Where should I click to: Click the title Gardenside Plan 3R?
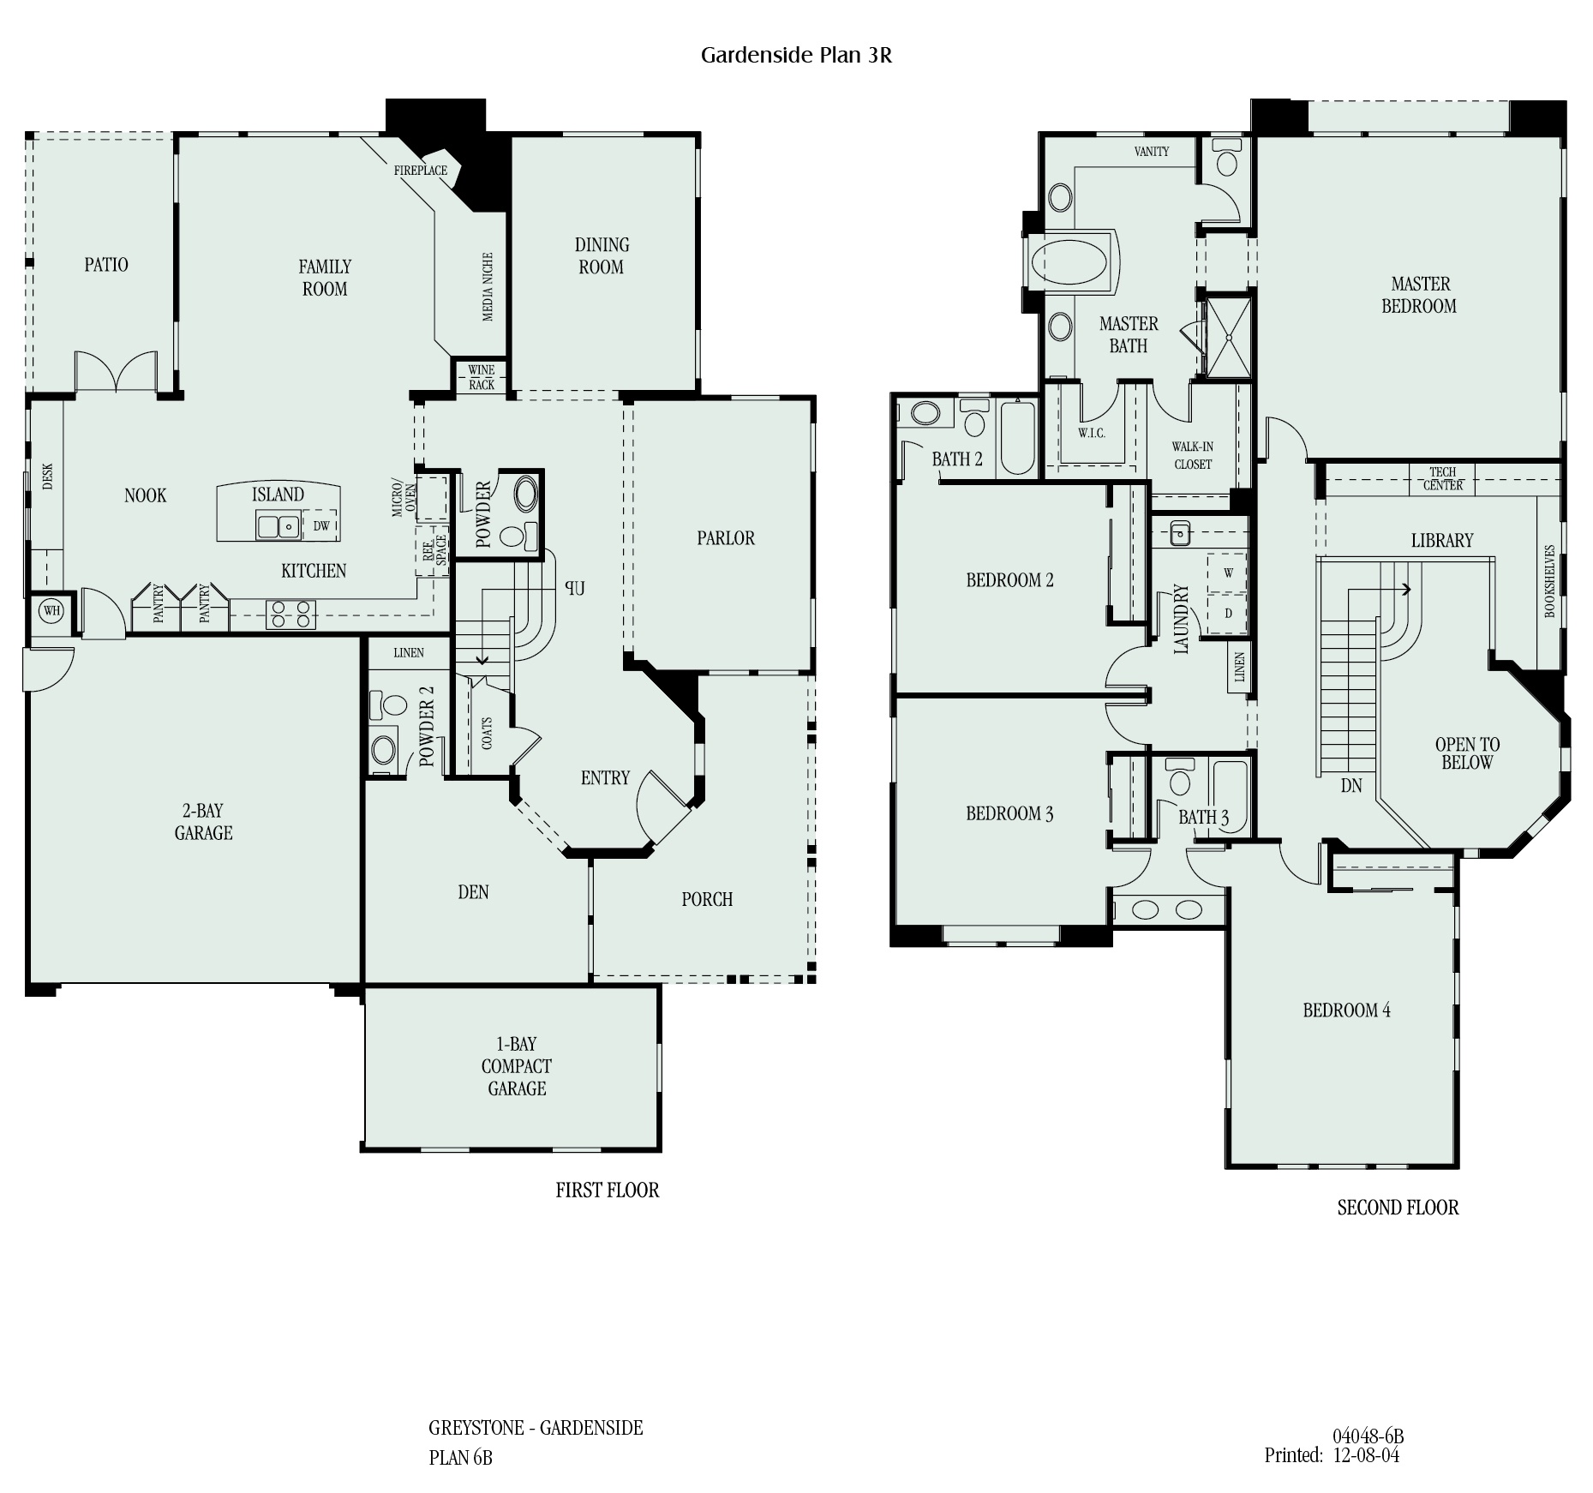pyautogui.click(x=796, y=55)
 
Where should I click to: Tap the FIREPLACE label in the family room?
pyautogui.click(x=420, y=171)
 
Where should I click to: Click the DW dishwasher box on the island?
pyautogui.click(x=321, y=525)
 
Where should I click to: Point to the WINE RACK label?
pyautogui.click(x=482, y=377)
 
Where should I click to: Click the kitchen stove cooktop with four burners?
pyautogui.click(x=290, y=615)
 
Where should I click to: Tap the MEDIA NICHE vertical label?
pyautogui.click(x=488, y=287)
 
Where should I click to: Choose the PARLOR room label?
pyautogui.click(x=726, y=538)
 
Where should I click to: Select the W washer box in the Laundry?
pyautogui.click(x=1228, y=573)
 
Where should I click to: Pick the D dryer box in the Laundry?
pyautogui.click(x=1228, y=614)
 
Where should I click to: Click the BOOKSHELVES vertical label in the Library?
pyautogui.click(x=1549, y=581)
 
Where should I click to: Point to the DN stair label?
pyautogui.click(x=1351, y=785)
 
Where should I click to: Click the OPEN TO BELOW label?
pyautogui.click(x=1467, y=753)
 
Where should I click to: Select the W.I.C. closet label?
pyautogui.click(x=1092, y=433)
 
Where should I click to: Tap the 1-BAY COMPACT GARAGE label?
pyautogui.click(x=517, y=1066)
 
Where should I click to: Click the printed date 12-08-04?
pyautogui.click(x=1366, y=1455)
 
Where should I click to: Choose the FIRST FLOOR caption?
pyautogui.click(x=608, y=1190)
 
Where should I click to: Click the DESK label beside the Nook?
pyautogui.click(x=48, y=477)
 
